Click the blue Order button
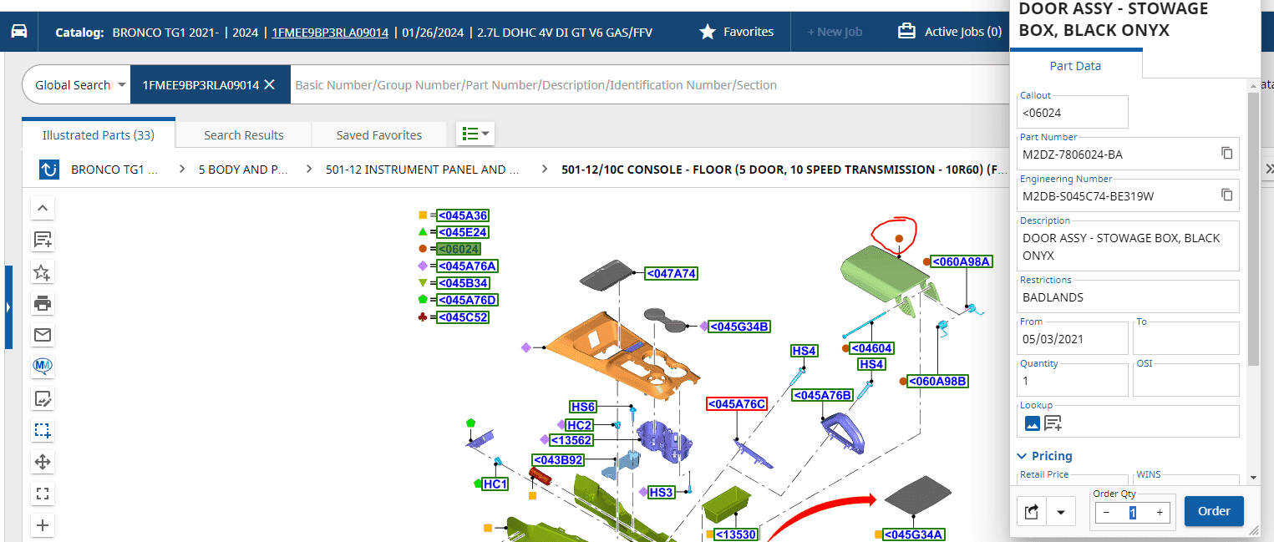[1214, 511]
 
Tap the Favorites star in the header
[707, 32]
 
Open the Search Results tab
[243, 135]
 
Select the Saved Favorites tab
[378, 135]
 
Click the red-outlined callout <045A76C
[737, 404]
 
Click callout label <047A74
[671, 274]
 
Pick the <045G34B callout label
[739, 327]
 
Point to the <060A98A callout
[962, 261]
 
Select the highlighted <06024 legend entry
[459, 249]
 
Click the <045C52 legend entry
[463, 317]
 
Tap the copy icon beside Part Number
[1226, 153]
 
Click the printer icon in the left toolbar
[43, 303]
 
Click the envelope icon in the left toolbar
[43, 334]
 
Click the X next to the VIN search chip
[270, 84]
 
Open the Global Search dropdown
[79, 84]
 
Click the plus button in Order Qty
[1160, 513]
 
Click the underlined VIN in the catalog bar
[330, 33]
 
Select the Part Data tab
[1075, 66]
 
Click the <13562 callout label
[571, 440]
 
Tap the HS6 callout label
[583, 407]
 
